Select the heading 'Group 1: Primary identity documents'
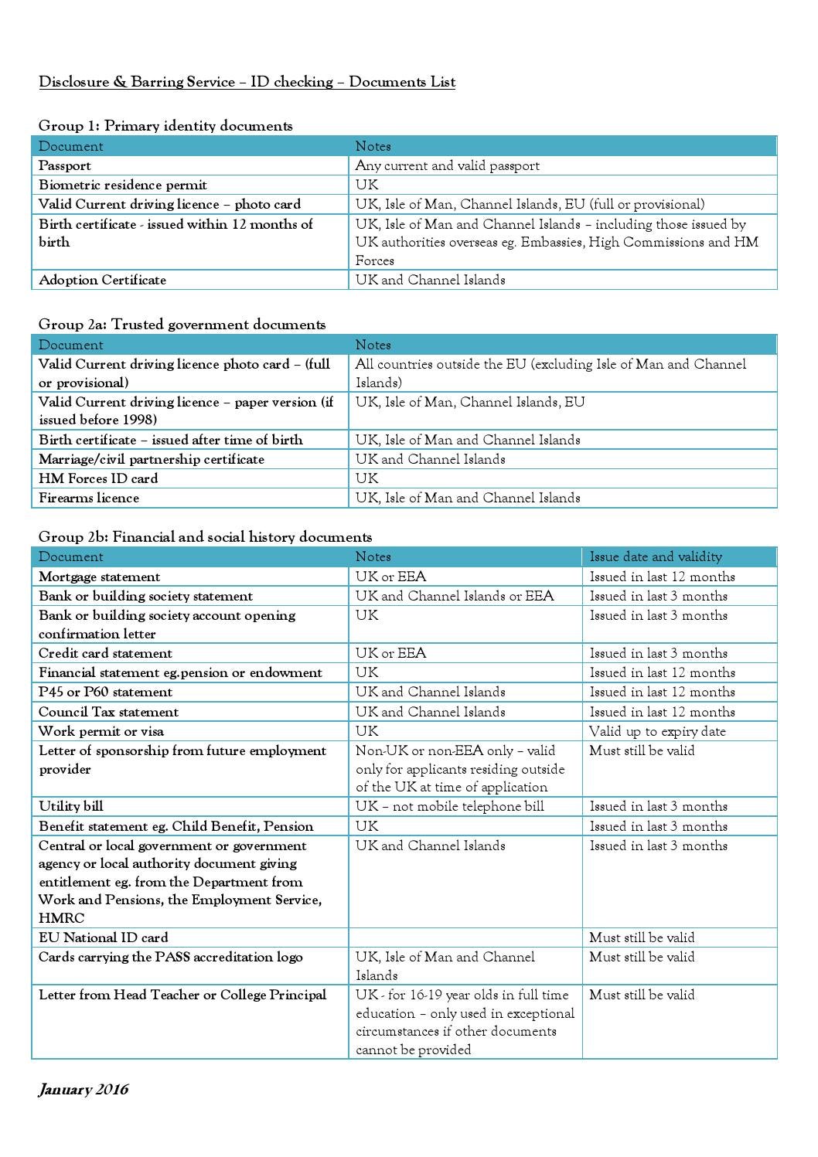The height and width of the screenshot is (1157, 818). [x=165, y=126]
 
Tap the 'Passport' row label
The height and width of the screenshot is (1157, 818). [x=65, y=165]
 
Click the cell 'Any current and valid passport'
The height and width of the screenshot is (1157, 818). [x=447, y=165]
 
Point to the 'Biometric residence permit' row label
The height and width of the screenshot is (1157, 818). [x=123, y=185]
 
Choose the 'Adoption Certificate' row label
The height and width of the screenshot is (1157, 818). [x=102, y=280]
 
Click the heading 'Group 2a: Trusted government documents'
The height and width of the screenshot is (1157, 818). [x=182, y=325]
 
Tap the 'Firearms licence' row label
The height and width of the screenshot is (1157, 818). [x=89, y=498]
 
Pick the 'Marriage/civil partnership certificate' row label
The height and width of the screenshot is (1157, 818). [x=152, y=459]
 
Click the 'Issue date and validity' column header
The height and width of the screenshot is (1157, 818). [x=655, y=556]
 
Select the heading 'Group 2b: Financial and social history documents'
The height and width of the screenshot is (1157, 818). [x=205, y=537]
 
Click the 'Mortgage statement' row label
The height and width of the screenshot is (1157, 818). [x=100, y=577]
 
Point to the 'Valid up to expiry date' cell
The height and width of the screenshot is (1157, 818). [x=657, y=731]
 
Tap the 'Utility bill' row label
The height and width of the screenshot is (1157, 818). [x=71, y=806]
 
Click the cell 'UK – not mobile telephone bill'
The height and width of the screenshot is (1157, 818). [x=449, y=806]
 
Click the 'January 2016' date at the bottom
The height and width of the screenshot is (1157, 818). [x=84, y=1090]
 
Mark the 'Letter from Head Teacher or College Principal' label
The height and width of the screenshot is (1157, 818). [x=182, y=995]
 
